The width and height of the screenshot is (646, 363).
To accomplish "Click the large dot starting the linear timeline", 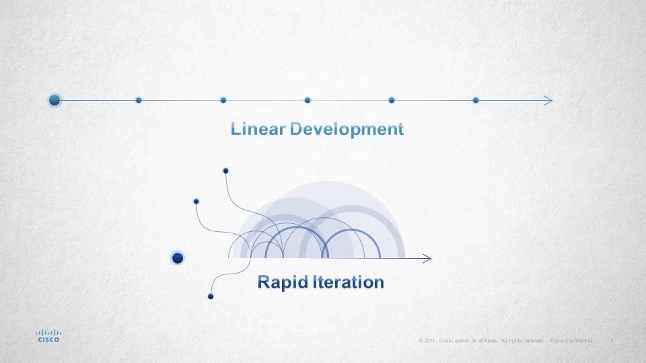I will click(55, 100).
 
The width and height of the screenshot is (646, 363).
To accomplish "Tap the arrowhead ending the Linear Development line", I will click(549, 100).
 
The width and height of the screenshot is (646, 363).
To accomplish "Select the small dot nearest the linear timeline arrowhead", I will click(476, 100).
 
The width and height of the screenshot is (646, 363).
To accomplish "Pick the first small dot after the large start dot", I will click(139, 100).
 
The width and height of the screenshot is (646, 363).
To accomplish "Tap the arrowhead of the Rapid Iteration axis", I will click(427, 258).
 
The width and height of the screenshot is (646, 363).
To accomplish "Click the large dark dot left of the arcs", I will click(178, 258).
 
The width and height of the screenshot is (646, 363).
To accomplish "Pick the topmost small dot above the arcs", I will click(226, 171).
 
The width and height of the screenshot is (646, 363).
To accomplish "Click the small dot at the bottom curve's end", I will click(211, 296).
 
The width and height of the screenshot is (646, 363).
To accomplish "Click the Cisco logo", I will click(48, 335).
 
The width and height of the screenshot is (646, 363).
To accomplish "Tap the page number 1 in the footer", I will click(610, 341).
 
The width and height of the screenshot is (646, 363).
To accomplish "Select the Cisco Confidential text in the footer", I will click(571, 341).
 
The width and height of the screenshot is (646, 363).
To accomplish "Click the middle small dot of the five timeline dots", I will click(308, 100).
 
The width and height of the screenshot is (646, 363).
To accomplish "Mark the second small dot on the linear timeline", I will click(223, 100).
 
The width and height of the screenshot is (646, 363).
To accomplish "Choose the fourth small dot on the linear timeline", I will click(392, 100).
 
